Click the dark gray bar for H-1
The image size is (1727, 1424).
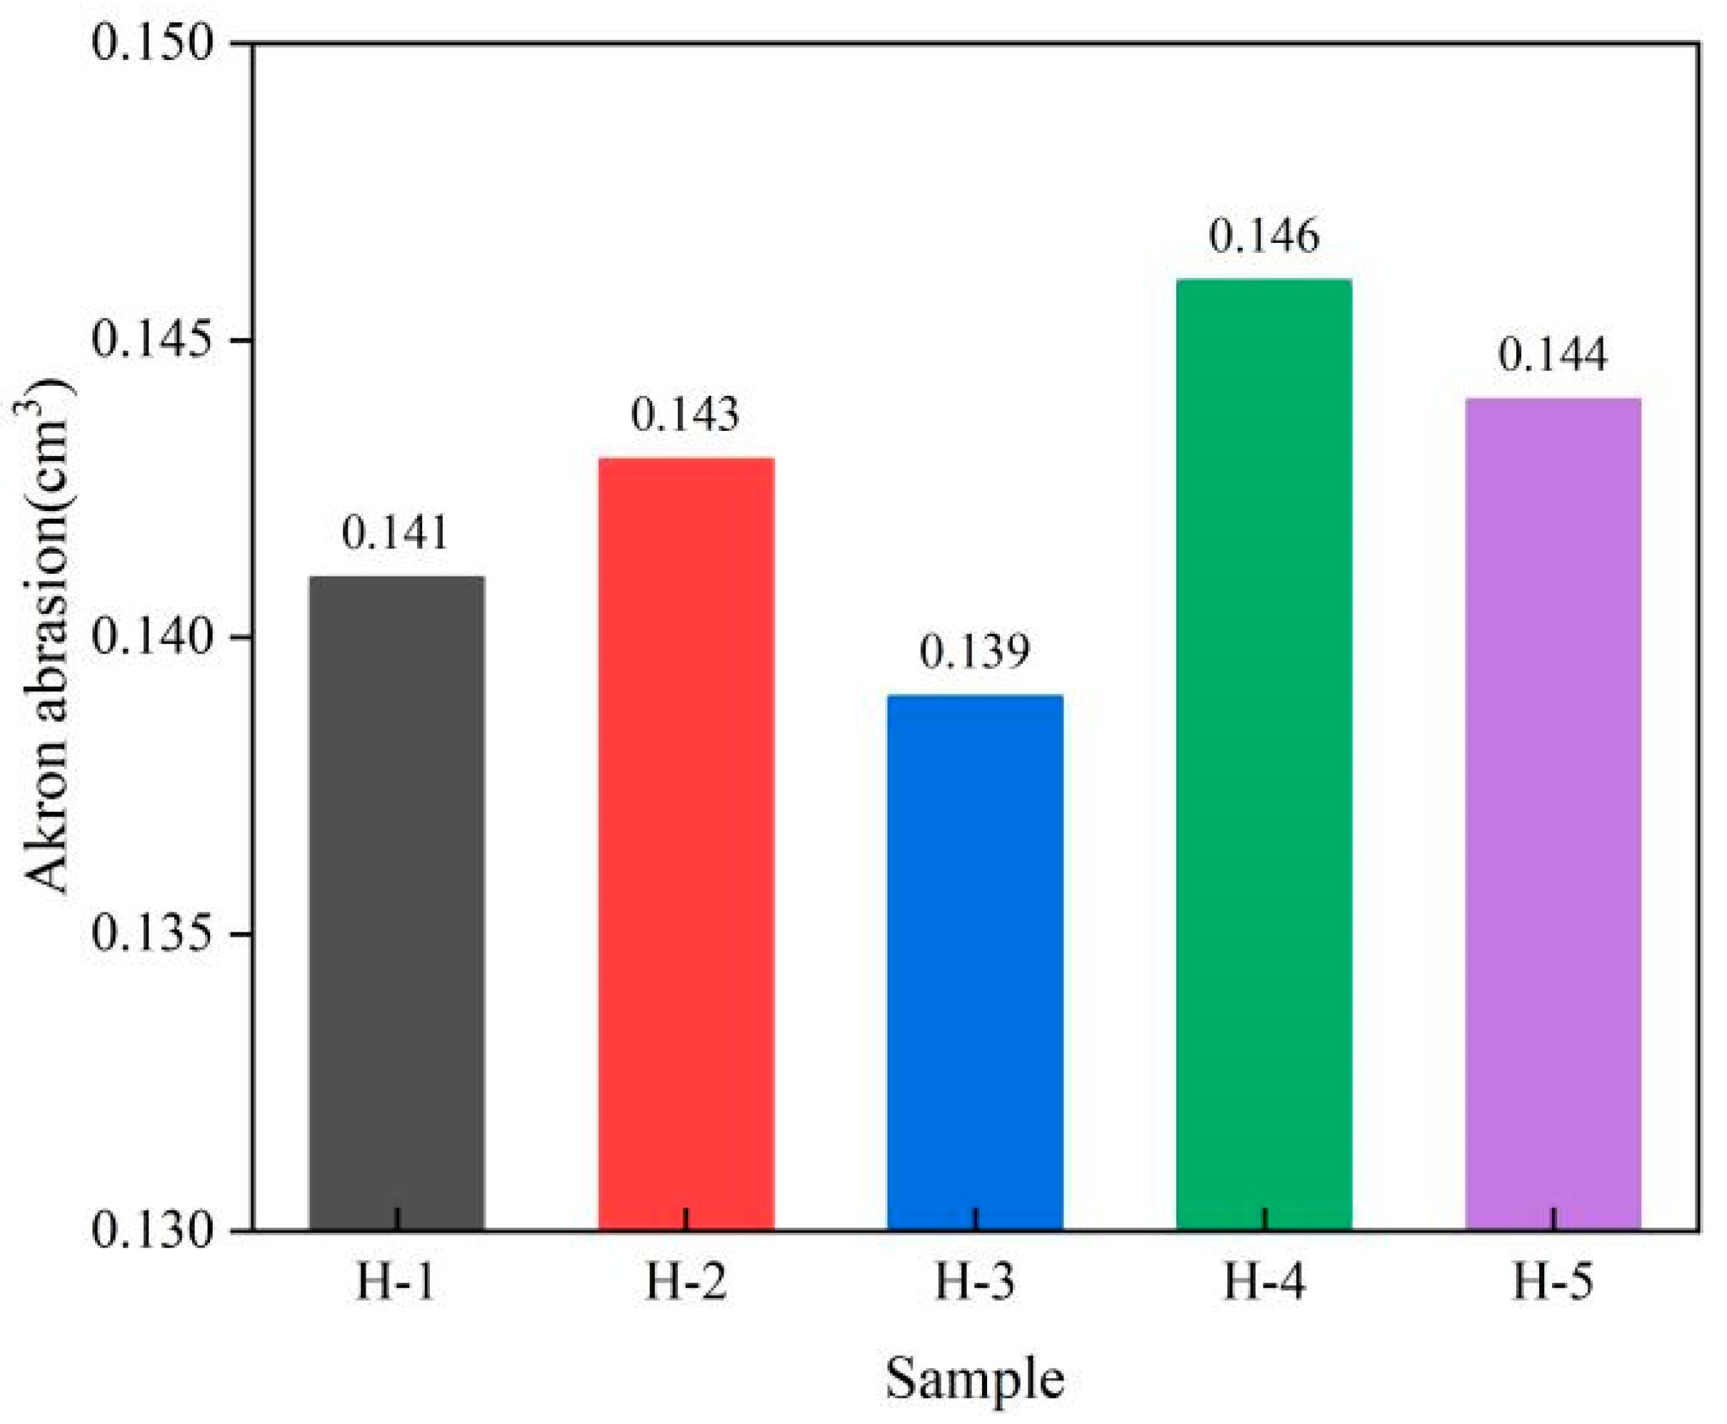coord(396,902)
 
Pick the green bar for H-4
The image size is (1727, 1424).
coord(1263,755)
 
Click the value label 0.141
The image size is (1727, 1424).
coord(395,533)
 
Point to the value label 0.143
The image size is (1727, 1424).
coord(685,414)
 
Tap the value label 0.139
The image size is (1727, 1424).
coord(974,652)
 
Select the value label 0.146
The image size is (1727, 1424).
coord(1263,236)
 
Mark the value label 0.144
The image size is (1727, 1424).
coord(1552,355)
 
